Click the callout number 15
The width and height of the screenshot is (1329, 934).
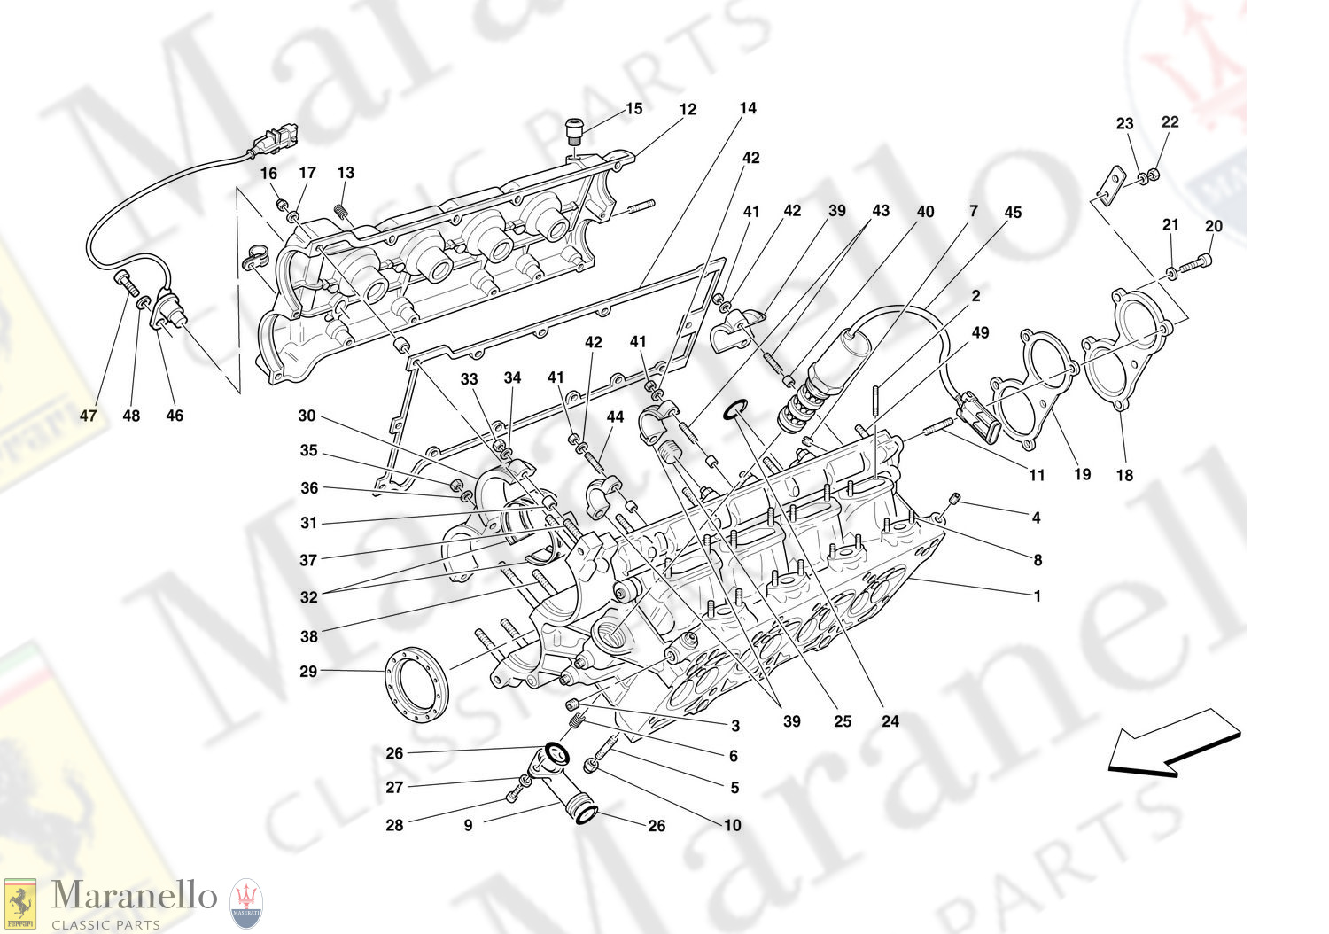[633, 109]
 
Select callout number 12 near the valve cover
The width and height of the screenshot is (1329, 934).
[688, 110]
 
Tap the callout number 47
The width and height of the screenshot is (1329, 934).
[89, 416]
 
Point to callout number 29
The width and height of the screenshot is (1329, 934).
[307, 672]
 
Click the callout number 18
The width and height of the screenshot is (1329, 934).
[1123, 476]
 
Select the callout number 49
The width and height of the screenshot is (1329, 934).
[980, 333]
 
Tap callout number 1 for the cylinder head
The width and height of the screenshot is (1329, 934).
[1038, 596]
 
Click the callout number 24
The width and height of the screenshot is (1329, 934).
[890, 721]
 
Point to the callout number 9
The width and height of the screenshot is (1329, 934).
[468, 825]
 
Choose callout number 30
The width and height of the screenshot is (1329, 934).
[307, 416]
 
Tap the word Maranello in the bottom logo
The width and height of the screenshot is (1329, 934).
[134, 896]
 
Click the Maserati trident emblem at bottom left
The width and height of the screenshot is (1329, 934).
[245, 904]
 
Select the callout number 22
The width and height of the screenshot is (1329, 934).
[1170, 122]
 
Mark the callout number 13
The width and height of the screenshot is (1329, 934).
[346, 173]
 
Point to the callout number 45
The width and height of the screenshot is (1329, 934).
[1013, 213]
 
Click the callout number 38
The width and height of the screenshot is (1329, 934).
[307, 636]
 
